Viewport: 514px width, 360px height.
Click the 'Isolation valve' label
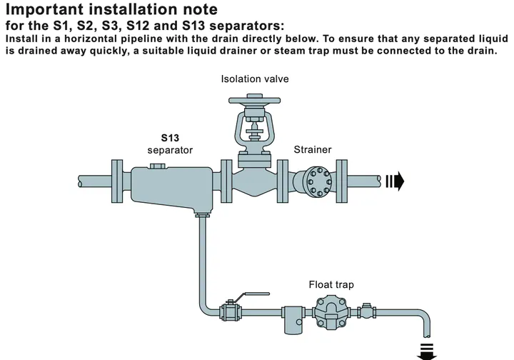[255, 79]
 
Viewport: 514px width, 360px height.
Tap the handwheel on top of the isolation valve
[254, 100]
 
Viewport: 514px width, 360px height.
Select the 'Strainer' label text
[313, 149]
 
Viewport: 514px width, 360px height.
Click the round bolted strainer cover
[317, 181]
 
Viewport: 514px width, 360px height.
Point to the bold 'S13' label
[170, 138]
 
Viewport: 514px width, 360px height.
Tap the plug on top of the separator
[158, 166]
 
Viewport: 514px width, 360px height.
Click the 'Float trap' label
[331, 284]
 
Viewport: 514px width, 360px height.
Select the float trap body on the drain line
[331, 312]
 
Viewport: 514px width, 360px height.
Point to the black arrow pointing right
[395, 181]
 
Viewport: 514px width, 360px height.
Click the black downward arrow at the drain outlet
[426, 352]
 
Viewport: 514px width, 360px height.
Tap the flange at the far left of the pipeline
[117, 181]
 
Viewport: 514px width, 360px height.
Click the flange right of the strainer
[342, 181]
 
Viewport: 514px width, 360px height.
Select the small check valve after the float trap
[366, 311]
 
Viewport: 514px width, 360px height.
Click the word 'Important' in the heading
[44, 9]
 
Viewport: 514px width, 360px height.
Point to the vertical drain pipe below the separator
[202, 259]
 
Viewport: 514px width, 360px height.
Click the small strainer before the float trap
[293, 319]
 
